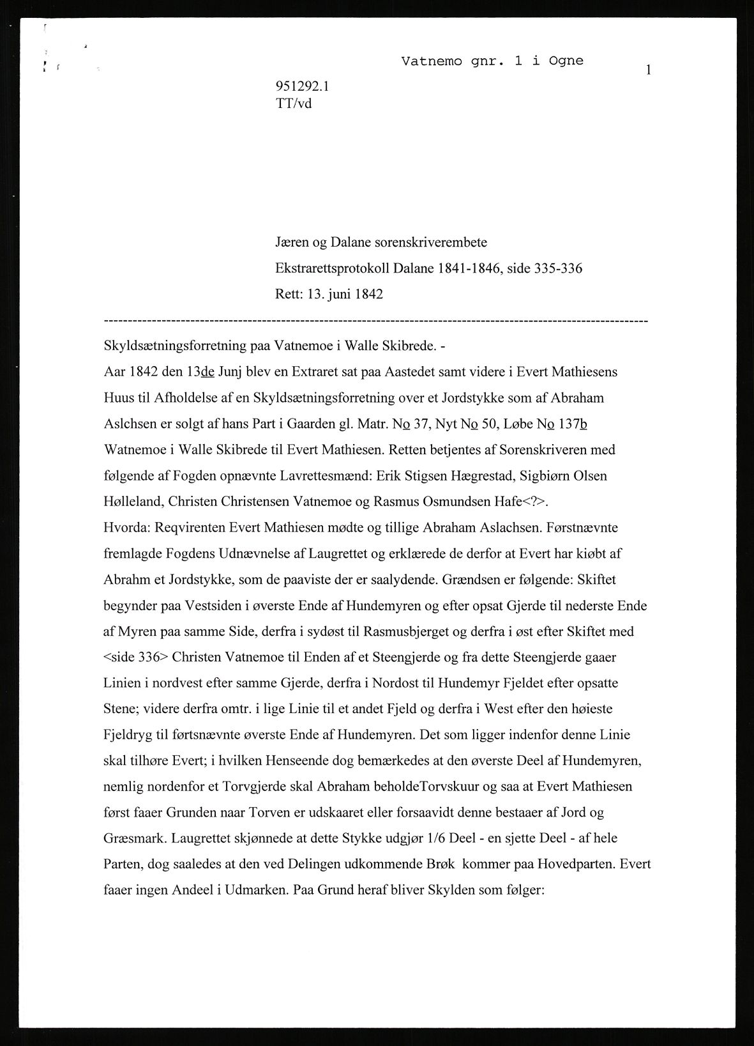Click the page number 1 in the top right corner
click(648, 70)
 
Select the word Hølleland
click(133, 502)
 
